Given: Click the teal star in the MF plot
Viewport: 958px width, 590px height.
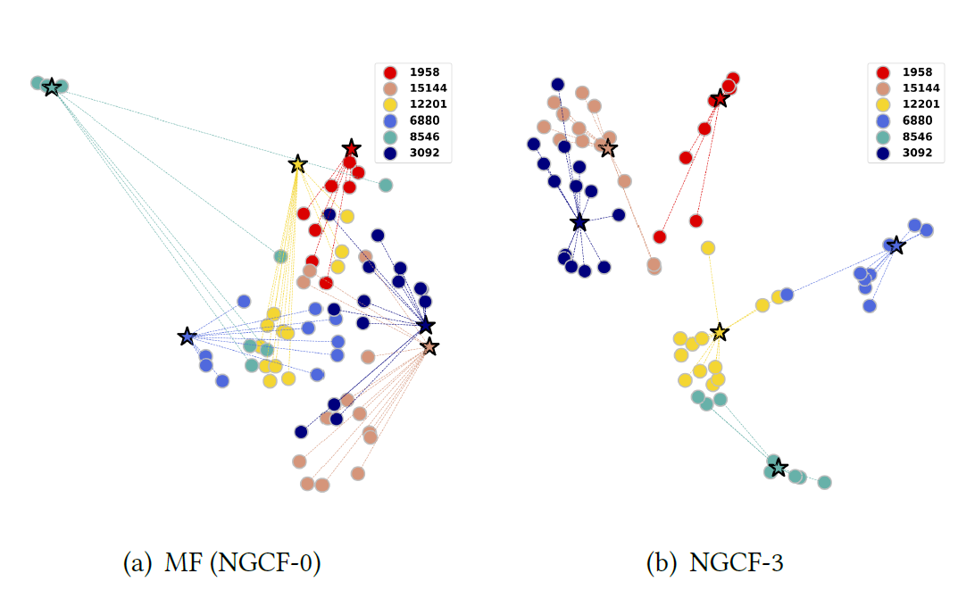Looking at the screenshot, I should (x=52, y=87).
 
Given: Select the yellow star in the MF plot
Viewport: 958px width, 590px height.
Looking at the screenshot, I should (x=298, y=164).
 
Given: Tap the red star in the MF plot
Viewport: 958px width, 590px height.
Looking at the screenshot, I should (x=351, y=148).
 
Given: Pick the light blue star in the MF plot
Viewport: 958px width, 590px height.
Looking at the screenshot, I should (x=187, y=337).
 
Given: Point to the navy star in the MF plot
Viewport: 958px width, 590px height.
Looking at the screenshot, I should (x=426, y=325).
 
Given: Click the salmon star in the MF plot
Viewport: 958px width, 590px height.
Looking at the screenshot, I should (x=429, y=346).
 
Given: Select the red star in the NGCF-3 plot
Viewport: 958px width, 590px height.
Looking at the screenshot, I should (x=720, y=98).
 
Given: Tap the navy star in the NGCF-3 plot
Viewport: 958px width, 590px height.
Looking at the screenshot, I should (x=579, y=222).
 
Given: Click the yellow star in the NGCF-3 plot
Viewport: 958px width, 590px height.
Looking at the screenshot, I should (x=720, y=332).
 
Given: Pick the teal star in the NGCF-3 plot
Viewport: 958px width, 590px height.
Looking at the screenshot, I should (x=778, y=467).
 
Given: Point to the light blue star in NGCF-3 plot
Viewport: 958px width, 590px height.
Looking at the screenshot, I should (x=896, y=245).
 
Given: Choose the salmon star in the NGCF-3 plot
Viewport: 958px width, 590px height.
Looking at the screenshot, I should (x=608, y=147).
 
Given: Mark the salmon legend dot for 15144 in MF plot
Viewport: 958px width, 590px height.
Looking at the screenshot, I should (x=389, y=87).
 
